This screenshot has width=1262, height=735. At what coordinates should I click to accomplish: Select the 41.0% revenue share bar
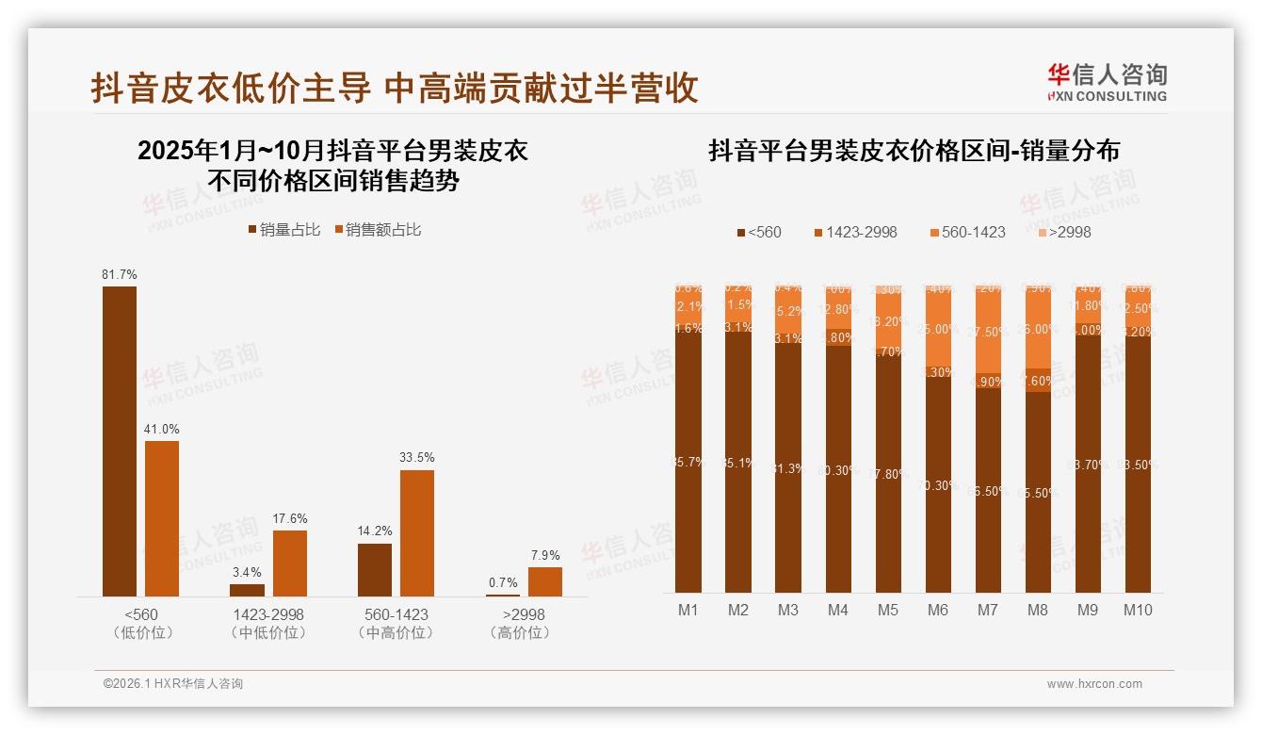162,518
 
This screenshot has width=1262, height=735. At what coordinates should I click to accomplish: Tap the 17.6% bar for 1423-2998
290,563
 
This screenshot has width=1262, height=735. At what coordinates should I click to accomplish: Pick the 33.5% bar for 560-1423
417,532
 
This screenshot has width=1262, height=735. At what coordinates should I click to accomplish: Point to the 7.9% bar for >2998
544,581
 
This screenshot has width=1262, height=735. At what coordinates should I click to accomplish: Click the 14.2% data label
375,531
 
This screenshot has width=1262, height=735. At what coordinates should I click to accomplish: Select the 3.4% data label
247,572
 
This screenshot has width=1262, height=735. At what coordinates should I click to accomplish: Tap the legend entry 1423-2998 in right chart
861,232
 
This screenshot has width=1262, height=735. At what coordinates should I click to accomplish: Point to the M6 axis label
937,610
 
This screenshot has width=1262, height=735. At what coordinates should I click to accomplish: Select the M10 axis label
1138,610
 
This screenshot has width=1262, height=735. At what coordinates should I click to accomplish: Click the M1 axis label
688,610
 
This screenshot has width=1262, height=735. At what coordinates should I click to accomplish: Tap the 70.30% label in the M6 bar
937,486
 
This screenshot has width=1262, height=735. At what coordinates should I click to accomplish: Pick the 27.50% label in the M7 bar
987,332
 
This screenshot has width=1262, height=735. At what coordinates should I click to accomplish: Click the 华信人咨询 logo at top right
1107,82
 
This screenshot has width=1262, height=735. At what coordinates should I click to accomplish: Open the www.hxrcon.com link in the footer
1094,684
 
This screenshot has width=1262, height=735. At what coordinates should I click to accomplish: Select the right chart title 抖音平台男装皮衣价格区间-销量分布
914,151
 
